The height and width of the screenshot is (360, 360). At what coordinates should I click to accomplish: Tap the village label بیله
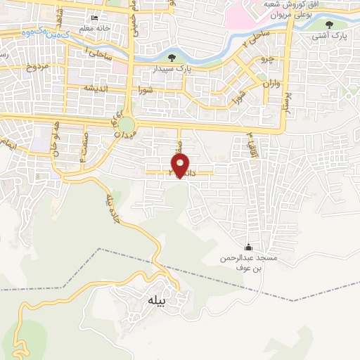pyautogui.click(x=156, y=300)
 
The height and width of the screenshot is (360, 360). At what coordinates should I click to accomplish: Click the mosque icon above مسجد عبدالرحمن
pyautogui.click(x=247, y=247)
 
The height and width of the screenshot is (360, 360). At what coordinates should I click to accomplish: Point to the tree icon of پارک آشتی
pyautogui.click(x=329, y=26)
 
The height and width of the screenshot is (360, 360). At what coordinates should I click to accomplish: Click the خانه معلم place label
pyautogui.click(x=96, y=27)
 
